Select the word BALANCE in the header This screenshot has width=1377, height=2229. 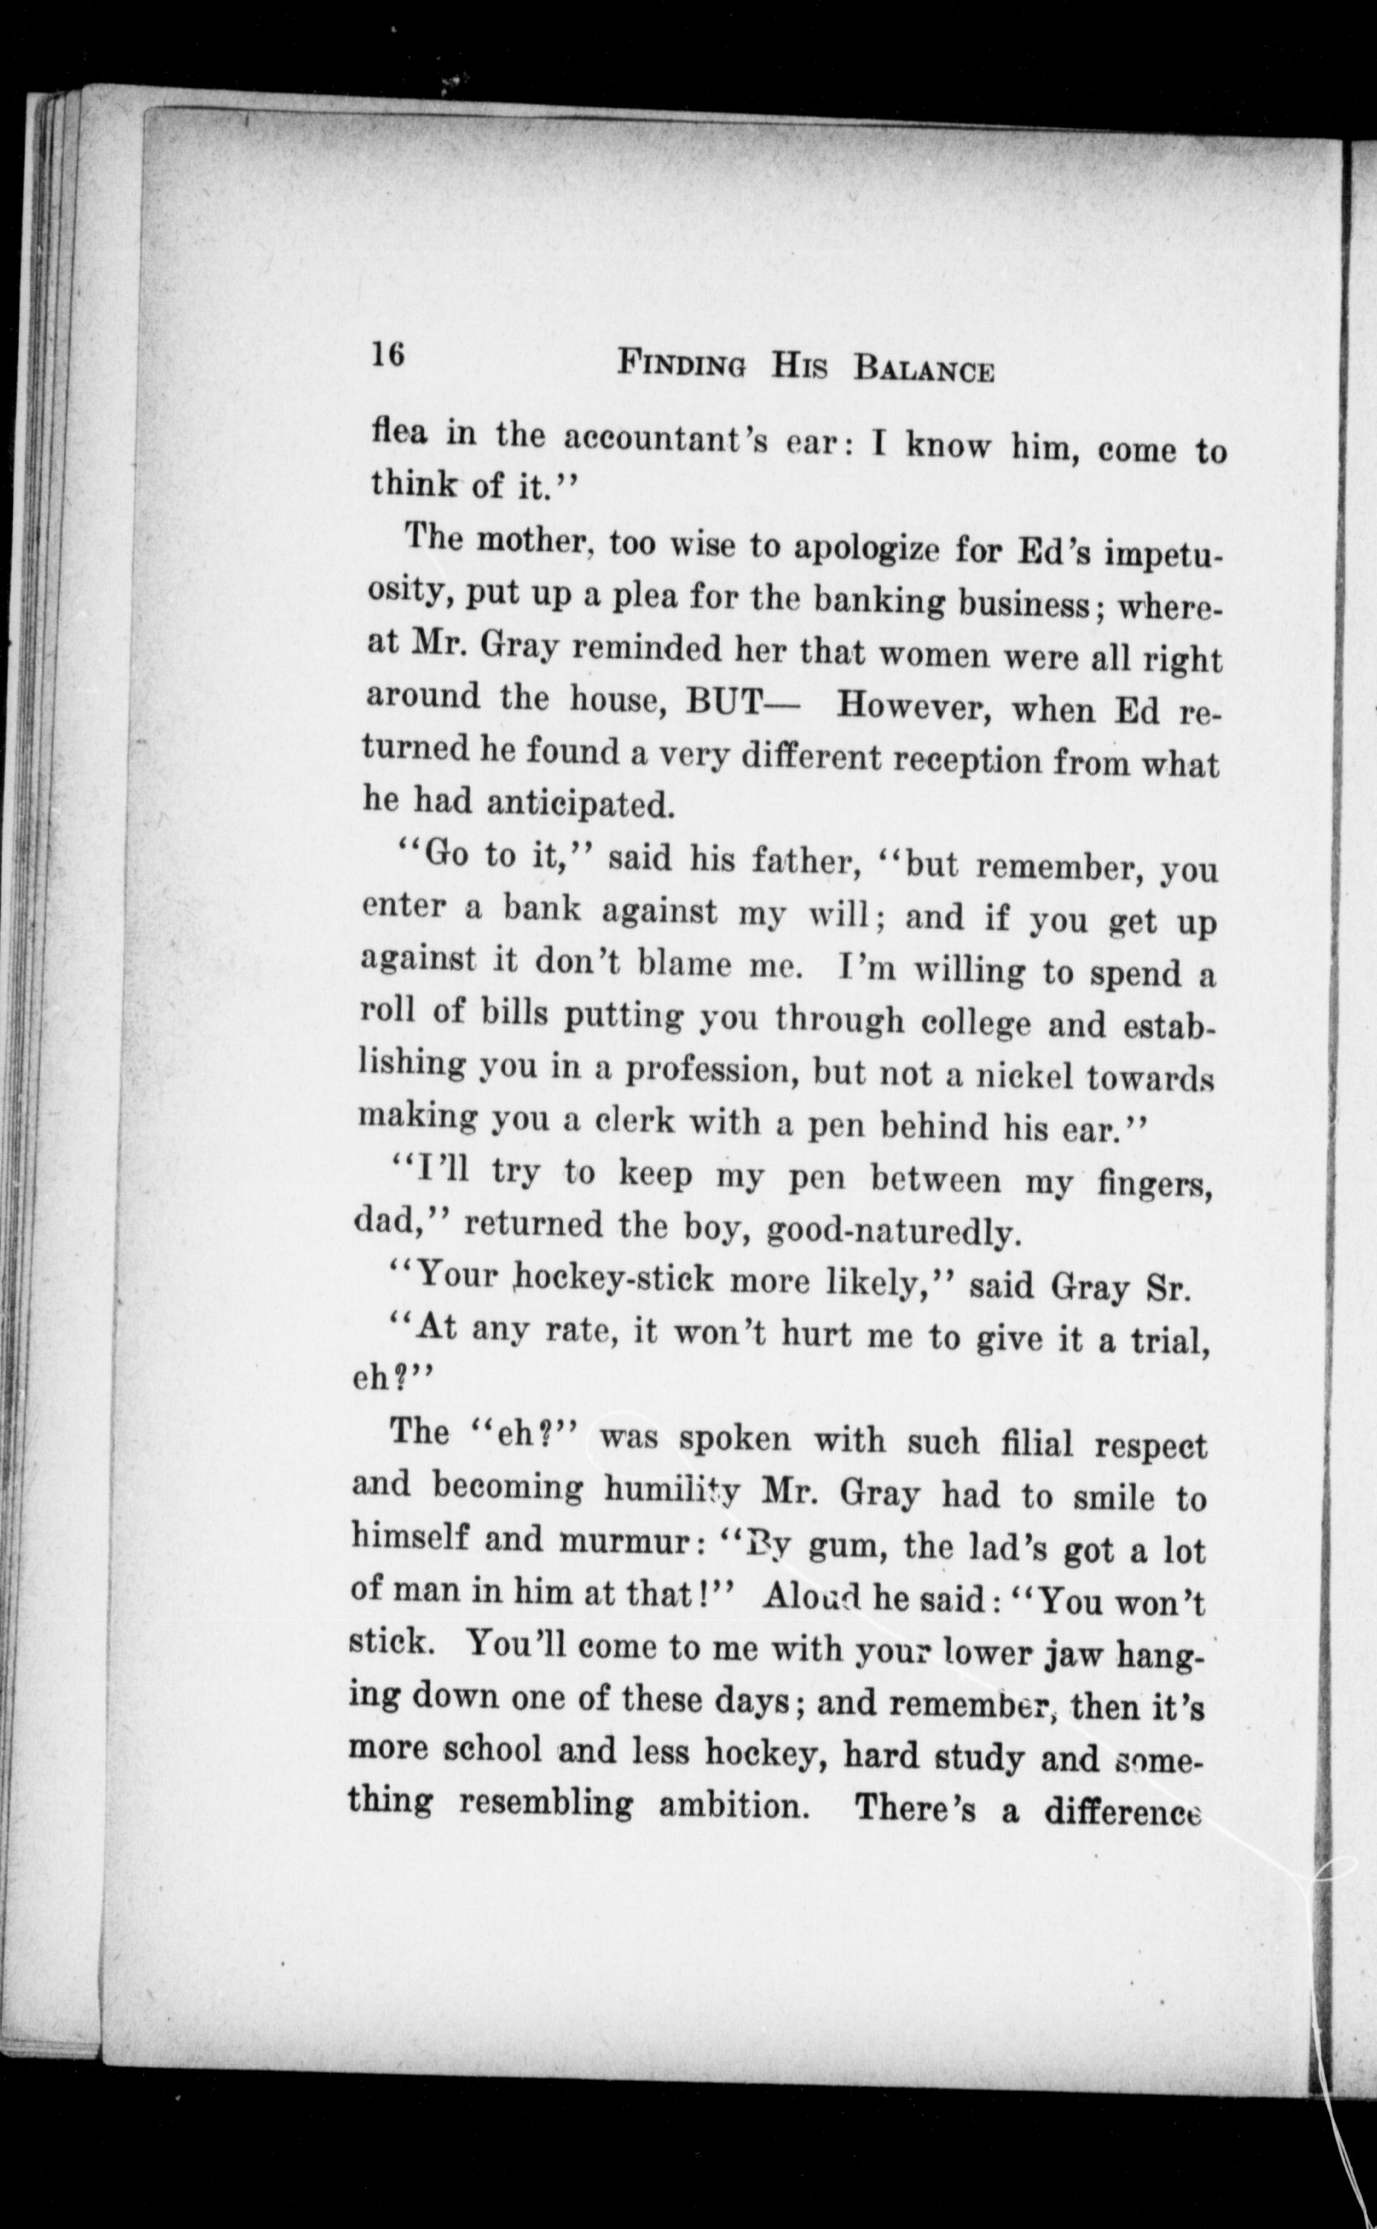tap(923, 369)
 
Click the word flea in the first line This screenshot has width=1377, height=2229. tap(398, 431)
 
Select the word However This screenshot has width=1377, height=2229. tap(913, 706)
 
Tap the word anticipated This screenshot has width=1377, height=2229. tap(580, 802)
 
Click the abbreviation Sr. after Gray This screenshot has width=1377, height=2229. tap(1166, 1287)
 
